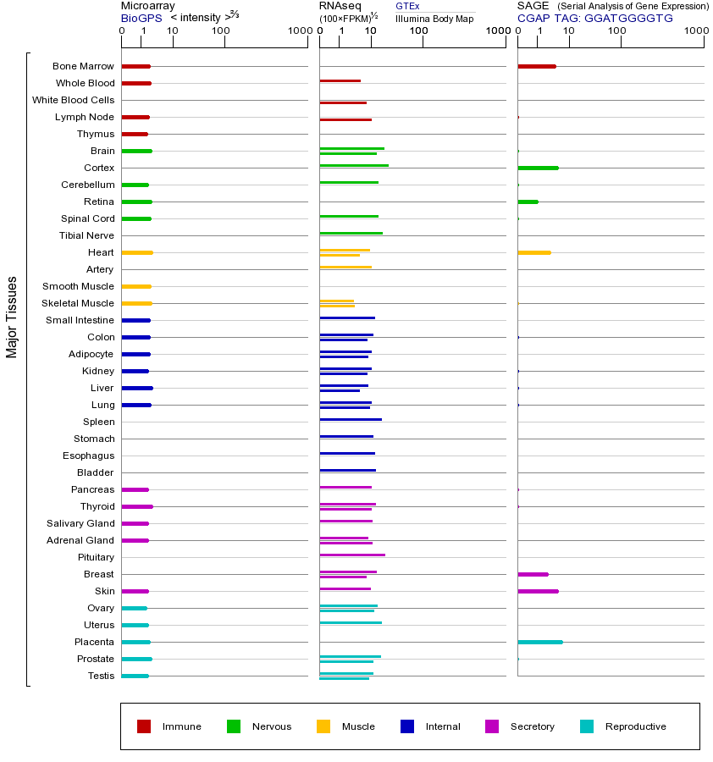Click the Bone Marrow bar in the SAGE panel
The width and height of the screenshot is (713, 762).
[536, 66]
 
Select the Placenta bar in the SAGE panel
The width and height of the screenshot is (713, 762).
[539, 642]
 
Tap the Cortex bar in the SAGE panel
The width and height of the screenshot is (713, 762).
[538, 168]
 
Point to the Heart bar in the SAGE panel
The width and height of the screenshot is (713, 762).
[533, 252]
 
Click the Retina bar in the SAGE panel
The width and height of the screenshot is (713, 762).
[528, 202]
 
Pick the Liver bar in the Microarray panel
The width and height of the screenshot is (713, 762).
[136, 388]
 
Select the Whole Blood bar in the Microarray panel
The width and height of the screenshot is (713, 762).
[135, 83]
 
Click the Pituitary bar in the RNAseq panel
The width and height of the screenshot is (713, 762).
[351, 555]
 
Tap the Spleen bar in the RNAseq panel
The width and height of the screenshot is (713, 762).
[350, 419]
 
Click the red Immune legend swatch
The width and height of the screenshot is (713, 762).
[144, 726]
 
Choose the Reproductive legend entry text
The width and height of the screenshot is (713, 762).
[635, 726]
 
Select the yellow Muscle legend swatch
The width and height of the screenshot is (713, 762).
[323, 726]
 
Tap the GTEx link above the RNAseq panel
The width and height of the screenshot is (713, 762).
[407, 6]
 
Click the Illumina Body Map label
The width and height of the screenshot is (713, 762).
[434, 18]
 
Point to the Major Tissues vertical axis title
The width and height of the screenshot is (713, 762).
[12, 317]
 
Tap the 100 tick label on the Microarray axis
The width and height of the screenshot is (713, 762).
[221, 31]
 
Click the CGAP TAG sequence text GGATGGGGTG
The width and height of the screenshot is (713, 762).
[628, 18]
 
